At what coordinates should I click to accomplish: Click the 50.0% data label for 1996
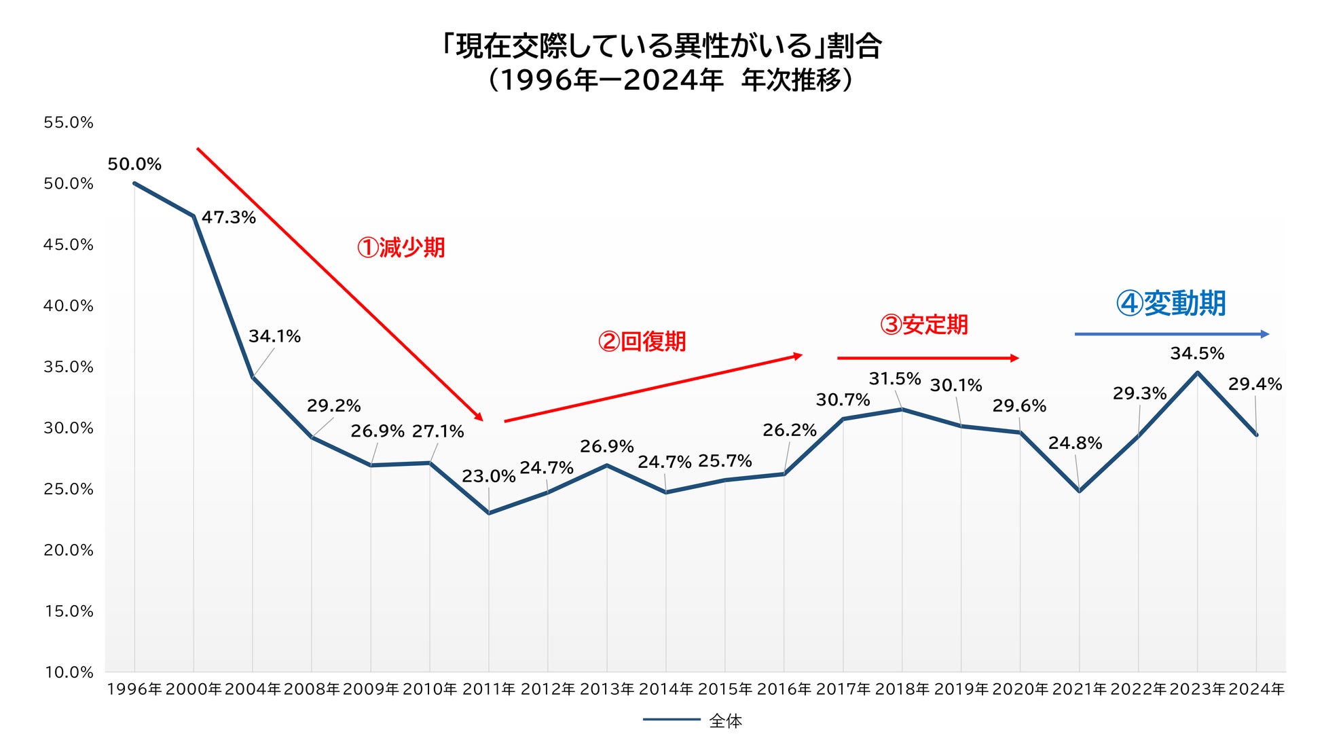(x=134, y=164)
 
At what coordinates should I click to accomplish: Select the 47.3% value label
(x=229, y=218)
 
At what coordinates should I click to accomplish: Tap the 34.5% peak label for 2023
(x=1197, y=354)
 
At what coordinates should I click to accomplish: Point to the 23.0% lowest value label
(x=488, y=477)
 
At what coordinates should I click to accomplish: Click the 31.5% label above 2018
(x=895, y=379)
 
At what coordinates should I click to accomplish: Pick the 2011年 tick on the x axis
(x=489, y=689)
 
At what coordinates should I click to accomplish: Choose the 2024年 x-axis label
(x=1257, y=689)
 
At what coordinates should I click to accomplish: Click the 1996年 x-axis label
(x=134, y=689)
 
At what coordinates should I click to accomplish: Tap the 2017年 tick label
(x=843, y=689)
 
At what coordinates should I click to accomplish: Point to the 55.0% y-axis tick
(x=69, y=123)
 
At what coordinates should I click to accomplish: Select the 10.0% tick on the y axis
(x=69, y=672)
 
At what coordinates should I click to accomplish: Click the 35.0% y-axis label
(x=69, y=367)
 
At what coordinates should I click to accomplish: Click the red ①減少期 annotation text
(x=401, y=248)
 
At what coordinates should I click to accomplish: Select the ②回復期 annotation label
(x=642, y=341)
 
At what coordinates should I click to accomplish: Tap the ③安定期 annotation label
(x=924, y=325)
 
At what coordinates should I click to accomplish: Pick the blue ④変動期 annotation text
(x=1171, y=304)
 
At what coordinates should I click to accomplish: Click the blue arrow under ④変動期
(x=1171, y=334)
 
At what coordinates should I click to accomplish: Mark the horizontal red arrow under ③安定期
(x=927, y=358)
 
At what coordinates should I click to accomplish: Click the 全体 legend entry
(x=724, y=721)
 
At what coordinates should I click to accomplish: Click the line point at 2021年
(x=1079, y=491)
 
